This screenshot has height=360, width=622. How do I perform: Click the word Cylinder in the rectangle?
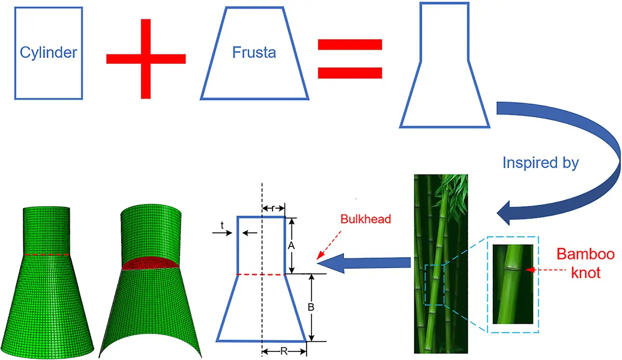49,53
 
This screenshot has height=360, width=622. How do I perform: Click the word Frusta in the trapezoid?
254,53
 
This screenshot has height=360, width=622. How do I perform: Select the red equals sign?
349,58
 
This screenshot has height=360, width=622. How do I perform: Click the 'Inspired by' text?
540,163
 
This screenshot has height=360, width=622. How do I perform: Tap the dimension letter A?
291,246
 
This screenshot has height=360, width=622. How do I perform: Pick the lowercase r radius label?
274,208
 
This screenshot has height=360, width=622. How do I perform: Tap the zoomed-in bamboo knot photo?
513,284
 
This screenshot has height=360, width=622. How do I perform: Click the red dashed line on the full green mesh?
46,254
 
